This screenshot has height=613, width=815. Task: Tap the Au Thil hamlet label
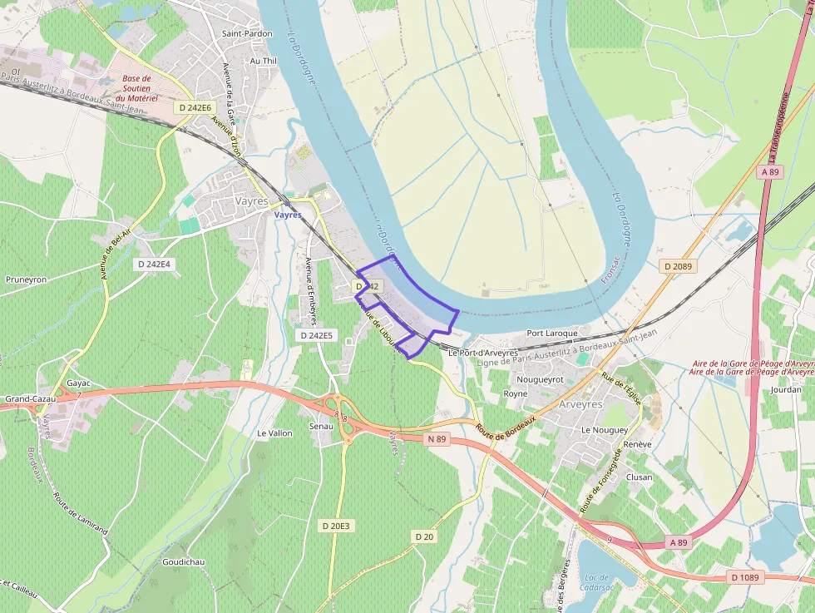click(x=263, y=61)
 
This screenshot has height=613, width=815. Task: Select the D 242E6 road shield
click(x=195, y=107)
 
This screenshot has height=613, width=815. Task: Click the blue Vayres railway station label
click(x=288, y=214)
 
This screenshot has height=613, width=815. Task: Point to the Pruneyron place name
click(x=26, y=279)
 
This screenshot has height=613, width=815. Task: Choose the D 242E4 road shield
click(x=153, y=264)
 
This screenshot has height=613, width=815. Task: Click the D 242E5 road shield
click(x=315, y=335)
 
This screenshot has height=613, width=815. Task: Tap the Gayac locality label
click(x=78, y=383)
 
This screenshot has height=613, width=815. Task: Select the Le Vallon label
click(x=274, y=433)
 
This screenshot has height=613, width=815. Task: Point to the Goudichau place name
click(x=184, y=562)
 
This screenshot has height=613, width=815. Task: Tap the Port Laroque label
click(x=552, y=333)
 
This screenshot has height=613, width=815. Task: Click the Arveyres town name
click(x=581, y=403)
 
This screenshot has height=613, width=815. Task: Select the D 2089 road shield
click(x=679, y=266)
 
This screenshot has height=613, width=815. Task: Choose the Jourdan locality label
click(x=786, y=388)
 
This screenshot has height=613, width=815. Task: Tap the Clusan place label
click(x=639, y=477)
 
